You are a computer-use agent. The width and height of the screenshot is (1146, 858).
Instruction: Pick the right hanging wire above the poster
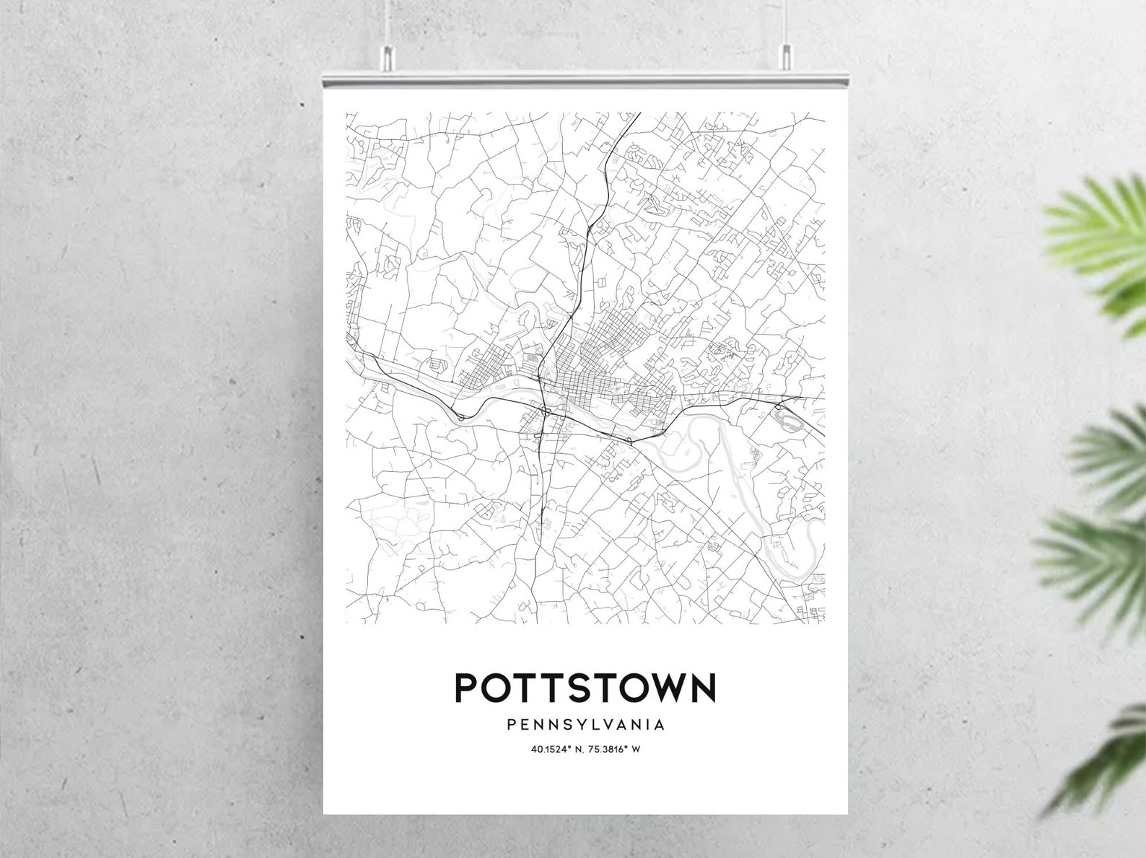[787, 22]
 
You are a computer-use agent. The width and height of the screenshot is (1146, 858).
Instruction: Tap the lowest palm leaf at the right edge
[1111, 765]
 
